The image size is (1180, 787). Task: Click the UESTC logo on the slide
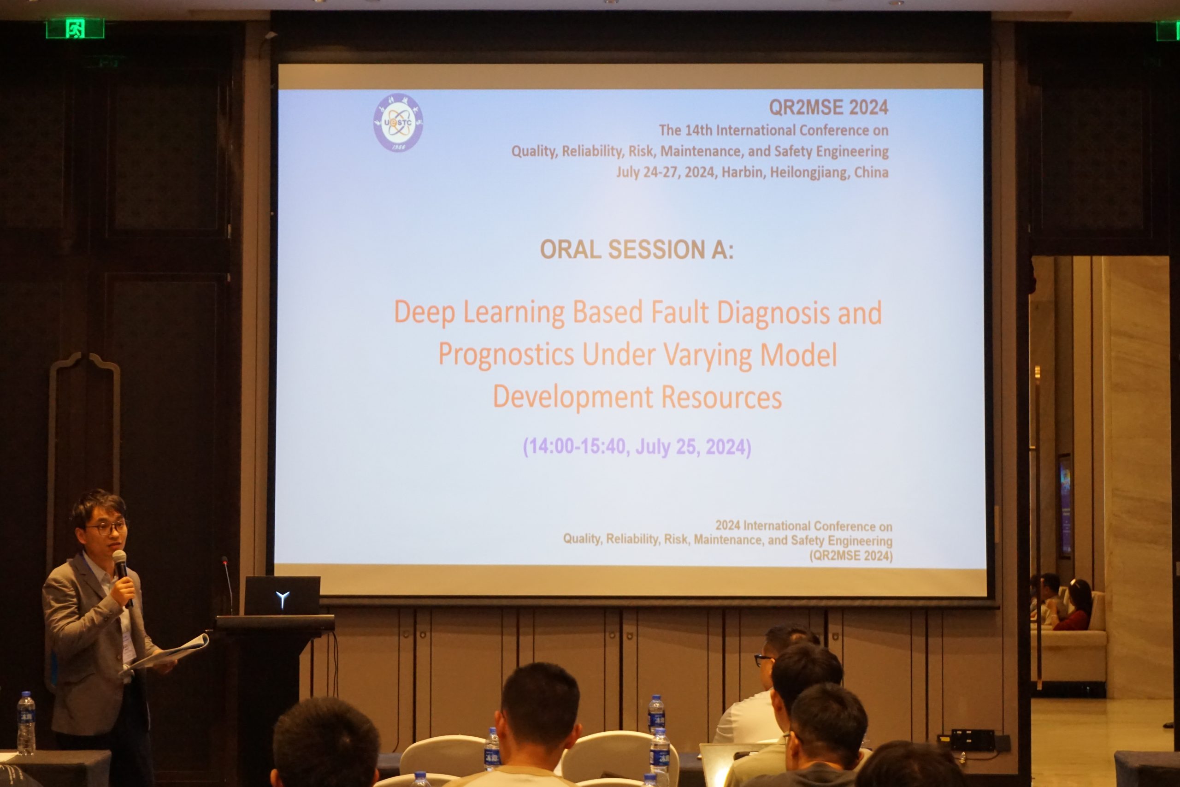click(x=398, y=124)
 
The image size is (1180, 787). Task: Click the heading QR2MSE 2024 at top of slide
click(x=828, y=107)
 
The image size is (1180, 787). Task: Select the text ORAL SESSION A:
click(x=636, y=249)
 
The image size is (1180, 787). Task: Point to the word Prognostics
click(x=506, y=355)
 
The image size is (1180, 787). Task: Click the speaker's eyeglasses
click(x=106, y=527)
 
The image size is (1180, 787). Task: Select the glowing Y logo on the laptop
click(x=283, y=599)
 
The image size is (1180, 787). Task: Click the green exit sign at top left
click(x=75, y=29)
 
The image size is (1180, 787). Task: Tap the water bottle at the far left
click(x=26, y=724)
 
